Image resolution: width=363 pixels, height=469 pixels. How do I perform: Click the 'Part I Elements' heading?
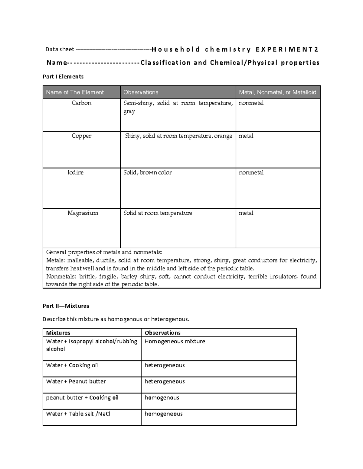63,77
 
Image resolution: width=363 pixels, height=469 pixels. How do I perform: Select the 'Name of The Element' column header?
75,92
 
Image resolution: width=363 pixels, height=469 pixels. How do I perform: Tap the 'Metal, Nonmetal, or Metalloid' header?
277,92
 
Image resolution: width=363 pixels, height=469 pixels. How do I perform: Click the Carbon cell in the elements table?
81,103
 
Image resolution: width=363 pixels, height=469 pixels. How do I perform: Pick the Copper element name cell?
81,136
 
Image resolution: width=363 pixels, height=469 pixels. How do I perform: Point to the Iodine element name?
75,172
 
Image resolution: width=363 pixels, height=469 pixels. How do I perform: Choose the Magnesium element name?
83,213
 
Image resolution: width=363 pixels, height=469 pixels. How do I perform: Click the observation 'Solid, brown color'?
147,172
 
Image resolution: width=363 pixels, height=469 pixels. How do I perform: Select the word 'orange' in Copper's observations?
223,136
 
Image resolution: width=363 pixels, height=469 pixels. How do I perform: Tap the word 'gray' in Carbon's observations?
129,111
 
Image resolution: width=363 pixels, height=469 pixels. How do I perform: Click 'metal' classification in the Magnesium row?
246,213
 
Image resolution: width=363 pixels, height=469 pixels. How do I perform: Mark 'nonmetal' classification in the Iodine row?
251,172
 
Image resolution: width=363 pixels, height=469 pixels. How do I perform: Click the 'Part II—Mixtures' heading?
66,306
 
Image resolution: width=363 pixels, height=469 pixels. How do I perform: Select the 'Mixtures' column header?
58,333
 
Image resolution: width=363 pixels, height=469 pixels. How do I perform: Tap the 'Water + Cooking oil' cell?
72,365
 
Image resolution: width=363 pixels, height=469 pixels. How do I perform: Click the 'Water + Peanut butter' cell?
76,381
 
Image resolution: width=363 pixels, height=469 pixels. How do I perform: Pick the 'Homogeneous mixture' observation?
175,341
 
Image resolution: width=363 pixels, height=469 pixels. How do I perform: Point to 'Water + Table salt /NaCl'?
78,414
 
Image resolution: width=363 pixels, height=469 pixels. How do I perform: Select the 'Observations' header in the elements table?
141,92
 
